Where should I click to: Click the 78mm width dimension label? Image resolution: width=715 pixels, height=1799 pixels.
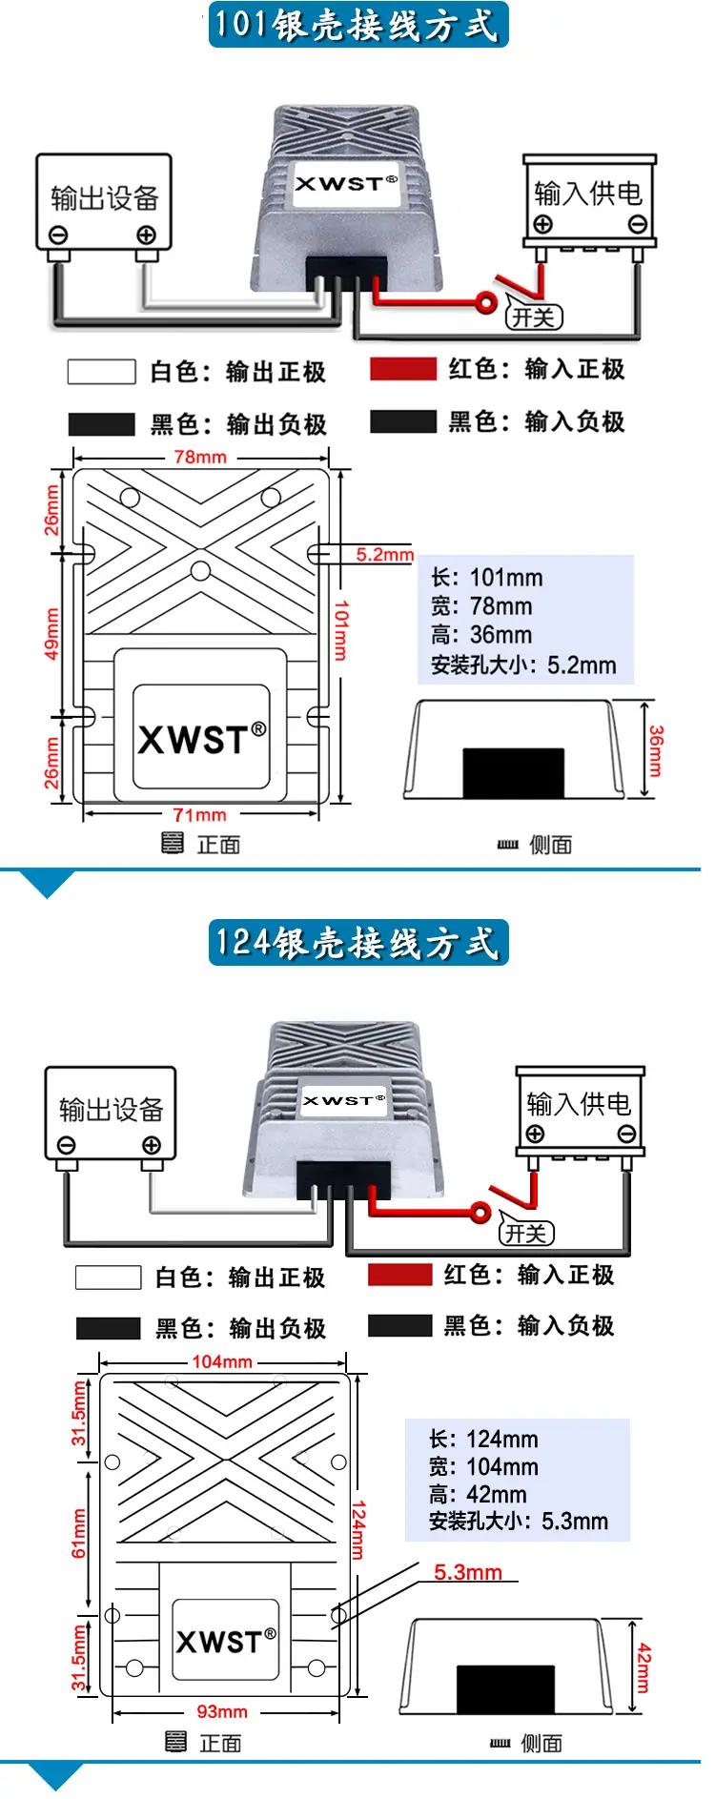click(200, 457)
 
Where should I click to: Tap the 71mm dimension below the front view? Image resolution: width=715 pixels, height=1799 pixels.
click(199, 814)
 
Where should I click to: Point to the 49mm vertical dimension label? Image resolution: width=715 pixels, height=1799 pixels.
click(51, 634)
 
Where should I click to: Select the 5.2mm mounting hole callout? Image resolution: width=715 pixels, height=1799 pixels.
click(385, 554)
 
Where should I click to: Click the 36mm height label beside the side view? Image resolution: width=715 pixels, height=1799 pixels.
click(656, 750)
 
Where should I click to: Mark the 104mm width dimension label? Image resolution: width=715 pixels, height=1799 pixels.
click(222, 1361)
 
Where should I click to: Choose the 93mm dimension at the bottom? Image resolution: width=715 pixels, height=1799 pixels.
click(222, 1711)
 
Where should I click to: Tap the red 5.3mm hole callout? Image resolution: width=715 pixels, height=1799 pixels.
click(468, 1572)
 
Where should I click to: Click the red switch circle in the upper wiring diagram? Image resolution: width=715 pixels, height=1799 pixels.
click(487, 304)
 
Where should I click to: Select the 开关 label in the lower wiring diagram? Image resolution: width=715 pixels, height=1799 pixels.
click(526, 1234)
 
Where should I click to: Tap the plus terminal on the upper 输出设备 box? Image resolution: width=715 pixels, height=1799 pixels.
click(146, 235)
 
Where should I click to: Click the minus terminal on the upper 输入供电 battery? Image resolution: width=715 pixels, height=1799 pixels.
click(638, 224)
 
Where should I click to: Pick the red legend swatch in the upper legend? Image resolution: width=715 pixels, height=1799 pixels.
click(403, 369)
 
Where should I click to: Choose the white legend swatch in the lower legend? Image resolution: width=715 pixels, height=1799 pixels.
click(109, 1278)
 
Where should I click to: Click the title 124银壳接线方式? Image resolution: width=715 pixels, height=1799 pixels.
click(358, 943)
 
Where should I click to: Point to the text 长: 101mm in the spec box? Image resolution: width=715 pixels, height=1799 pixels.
click(487, 578)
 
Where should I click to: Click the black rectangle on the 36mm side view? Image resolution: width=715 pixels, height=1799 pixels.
click(514, 773)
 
